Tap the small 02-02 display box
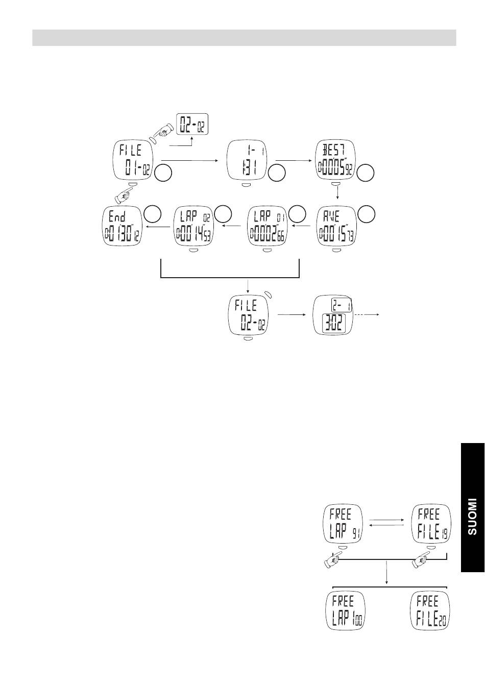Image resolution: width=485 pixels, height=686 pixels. point(192,124)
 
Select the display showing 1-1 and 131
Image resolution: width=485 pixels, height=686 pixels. point(247,160)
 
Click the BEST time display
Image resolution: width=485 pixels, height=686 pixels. point(336,160)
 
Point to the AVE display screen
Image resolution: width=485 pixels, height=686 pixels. point(336,227)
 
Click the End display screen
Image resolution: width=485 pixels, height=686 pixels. point(123,227)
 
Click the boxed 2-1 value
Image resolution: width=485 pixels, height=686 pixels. point(340,305)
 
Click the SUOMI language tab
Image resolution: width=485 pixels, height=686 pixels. point(472,516)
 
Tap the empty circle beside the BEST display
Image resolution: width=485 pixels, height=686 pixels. point(366,174)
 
